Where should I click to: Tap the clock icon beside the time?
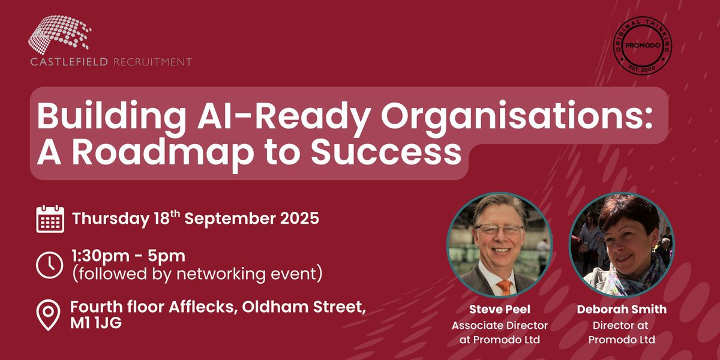(50, 265)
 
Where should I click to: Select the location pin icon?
(49, 315)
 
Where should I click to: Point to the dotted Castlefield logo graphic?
(60, 35)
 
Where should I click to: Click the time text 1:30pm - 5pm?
(129, 256)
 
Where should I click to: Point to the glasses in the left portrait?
(497, 230)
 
